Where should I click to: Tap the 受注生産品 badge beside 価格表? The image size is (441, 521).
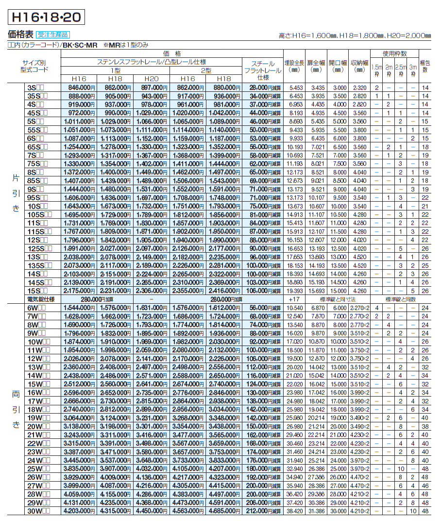[52, 35]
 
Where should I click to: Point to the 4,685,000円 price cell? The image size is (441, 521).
[224, 511]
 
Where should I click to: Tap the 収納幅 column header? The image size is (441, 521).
[359, 67]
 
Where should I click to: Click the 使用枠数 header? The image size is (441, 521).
[394, 53]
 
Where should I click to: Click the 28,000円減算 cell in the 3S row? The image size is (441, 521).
[262, 87]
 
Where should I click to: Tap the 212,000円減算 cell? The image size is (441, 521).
[262, 511]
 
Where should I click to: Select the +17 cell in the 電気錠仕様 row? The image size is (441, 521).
[296, 299]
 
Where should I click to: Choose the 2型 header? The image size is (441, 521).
[206, 70]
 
